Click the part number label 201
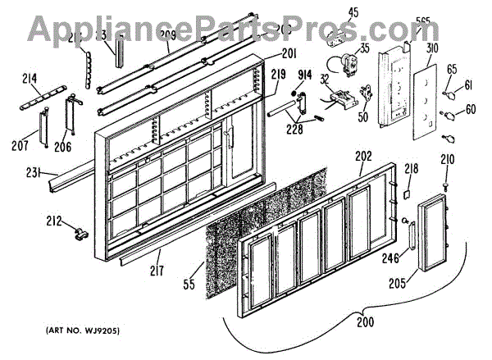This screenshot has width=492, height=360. (x=289, y=54)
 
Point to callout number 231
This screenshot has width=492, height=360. (x=31, y=173)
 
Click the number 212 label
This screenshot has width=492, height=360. (x=52, y=219)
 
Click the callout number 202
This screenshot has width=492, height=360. (x=362, y=153)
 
